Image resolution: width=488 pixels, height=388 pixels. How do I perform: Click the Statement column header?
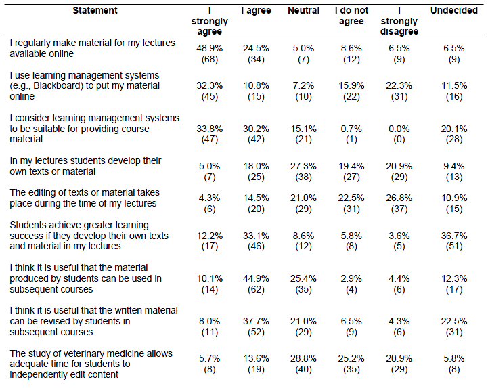click(95, 11)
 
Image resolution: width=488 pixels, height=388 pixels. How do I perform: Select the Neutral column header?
click(303, 11)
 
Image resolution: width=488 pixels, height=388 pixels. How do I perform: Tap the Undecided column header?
click(453, 11)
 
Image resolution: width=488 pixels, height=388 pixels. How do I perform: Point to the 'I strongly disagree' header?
click(399, 21)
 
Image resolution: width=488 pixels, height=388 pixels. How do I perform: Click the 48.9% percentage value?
click(209, 49)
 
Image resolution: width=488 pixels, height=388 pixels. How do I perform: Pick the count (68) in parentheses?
click(209, 59)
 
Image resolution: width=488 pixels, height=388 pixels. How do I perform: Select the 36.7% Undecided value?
click(453, 236)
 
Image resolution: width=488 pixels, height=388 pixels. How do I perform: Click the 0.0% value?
click(399, 129)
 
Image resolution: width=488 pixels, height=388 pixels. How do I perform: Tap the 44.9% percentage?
click(256, 278)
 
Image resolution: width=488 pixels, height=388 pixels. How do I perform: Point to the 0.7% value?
click(351, 129)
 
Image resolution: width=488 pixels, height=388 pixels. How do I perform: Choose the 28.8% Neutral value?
click(303, 358)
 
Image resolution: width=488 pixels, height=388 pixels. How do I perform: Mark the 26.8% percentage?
click(399, 198)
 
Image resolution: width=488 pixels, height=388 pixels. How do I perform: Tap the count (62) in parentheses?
click(256, 289)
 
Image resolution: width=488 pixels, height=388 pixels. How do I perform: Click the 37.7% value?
click(256, 321)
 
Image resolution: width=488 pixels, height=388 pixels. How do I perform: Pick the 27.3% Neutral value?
click(303, 166)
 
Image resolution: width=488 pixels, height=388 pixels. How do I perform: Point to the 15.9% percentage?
click(351, 85)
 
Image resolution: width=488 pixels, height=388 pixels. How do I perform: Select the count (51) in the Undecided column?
click(453, 246)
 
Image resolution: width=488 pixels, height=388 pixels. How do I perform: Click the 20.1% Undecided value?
click(453, 129)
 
